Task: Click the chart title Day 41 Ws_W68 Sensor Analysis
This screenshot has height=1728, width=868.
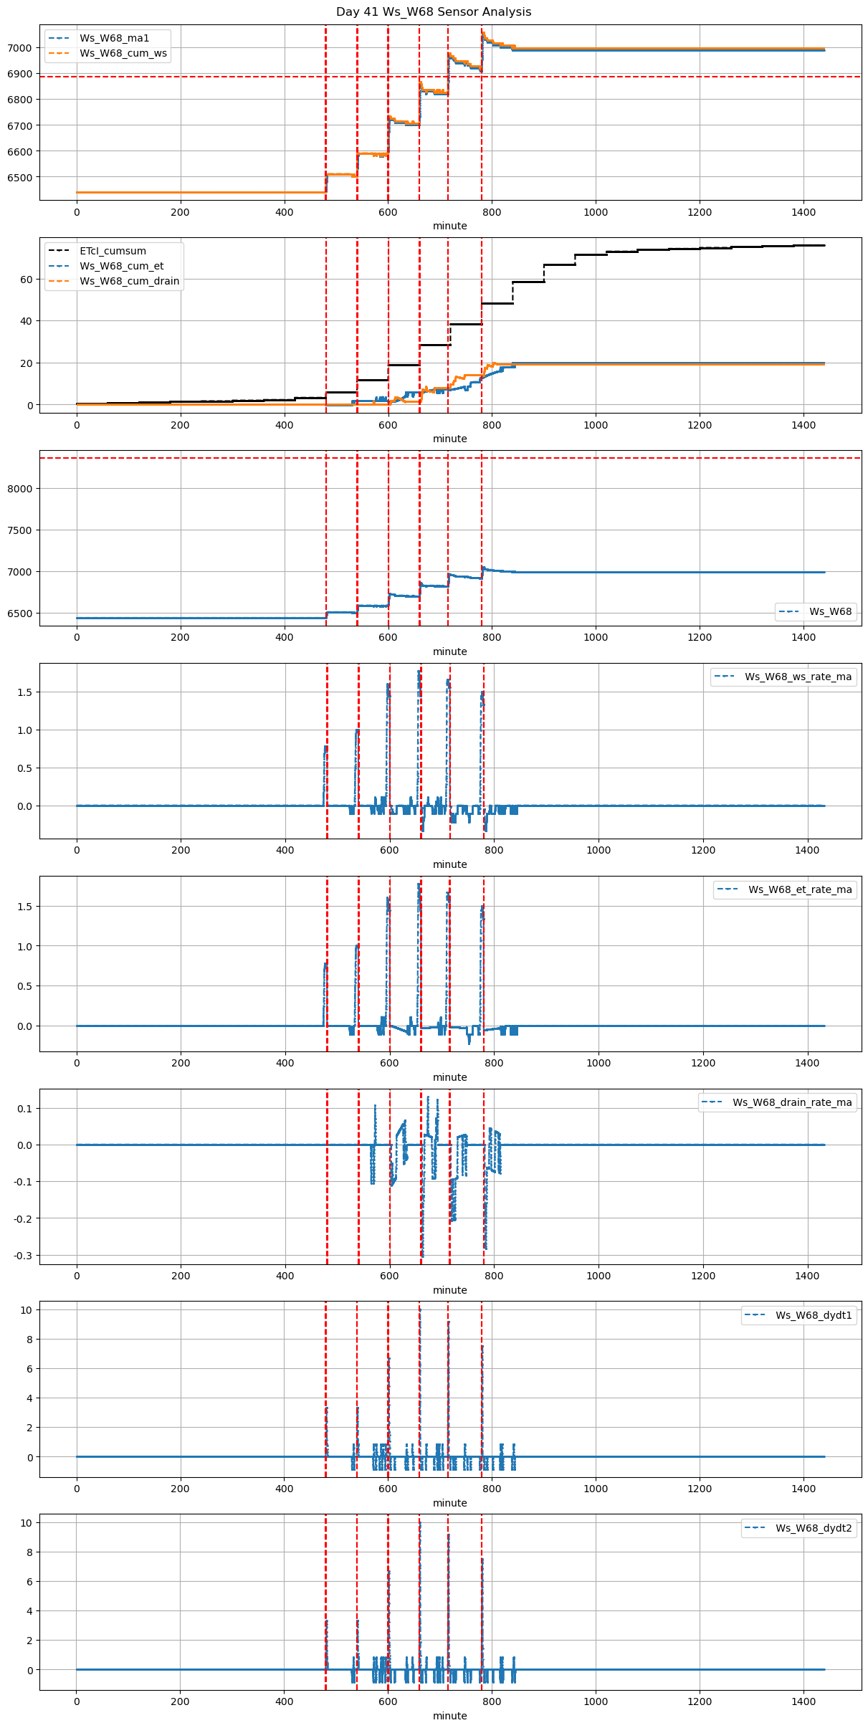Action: (434, 12)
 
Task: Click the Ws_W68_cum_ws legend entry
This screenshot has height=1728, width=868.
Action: (123, 53)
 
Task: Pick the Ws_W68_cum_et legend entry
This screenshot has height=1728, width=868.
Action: (121, 266)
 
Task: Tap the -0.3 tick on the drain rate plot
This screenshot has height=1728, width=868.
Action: (23, 1256)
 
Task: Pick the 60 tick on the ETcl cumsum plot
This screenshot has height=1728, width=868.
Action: (27, 280)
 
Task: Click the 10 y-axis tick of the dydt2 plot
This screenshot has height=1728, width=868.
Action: (27, 1522)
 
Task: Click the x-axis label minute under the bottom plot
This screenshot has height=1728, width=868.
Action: (449, 1716)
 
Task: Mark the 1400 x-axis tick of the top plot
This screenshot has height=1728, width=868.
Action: (803, 212)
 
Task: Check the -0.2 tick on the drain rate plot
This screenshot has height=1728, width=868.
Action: (23, 1218)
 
